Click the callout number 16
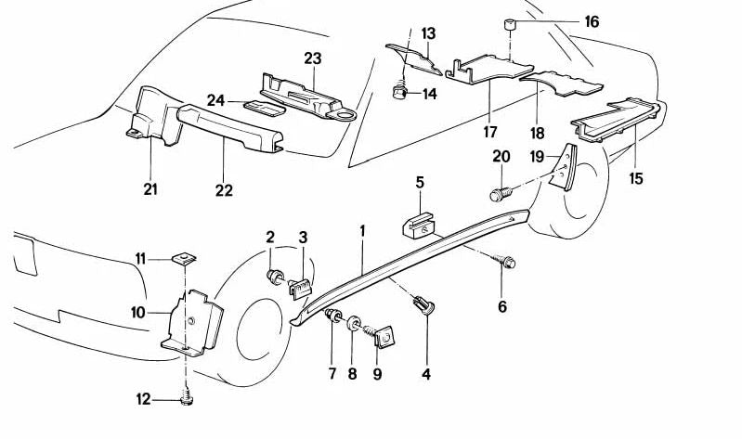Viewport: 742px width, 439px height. (592, 22)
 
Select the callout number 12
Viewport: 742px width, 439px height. (143, 400)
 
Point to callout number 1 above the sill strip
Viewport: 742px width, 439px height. (363, 228)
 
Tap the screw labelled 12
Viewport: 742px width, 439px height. (185, 398)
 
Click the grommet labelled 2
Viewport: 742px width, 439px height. (276, 276)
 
